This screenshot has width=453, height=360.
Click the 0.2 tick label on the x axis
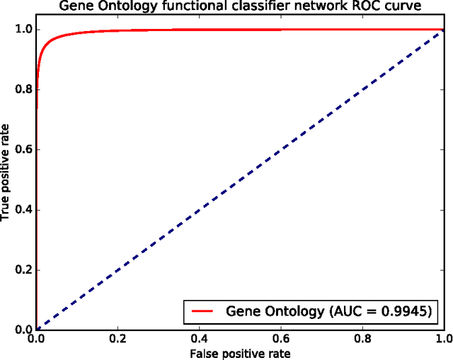click(x=117, y=339)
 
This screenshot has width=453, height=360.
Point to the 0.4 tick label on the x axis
click(x=200, y=339)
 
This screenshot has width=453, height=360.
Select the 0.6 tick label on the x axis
click(x=281, y=339)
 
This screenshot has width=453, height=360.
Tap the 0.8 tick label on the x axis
click(x=362, y=339)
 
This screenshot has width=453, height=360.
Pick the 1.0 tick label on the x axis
click(x=443, y=339)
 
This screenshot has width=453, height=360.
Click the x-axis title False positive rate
click(x=240, y=352)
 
